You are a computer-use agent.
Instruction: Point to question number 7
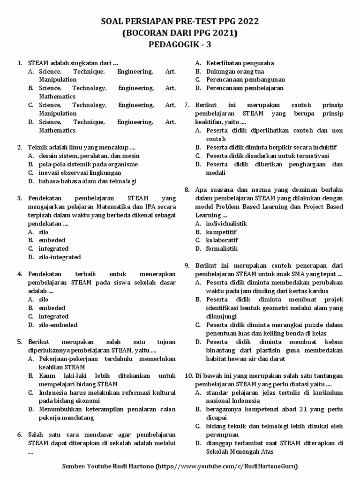coord(187,105)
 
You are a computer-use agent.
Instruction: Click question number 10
coord(188,376)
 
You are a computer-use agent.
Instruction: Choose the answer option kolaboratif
coord(222,240)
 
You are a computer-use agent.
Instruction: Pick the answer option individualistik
coord(226,224)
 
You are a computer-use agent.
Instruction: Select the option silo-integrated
coord(60,257)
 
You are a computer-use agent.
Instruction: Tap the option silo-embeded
coord(58,325)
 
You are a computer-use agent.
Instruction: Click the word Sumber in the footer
coord(73,466)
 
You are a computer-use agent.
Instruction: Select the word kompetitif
coord(221,232)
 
